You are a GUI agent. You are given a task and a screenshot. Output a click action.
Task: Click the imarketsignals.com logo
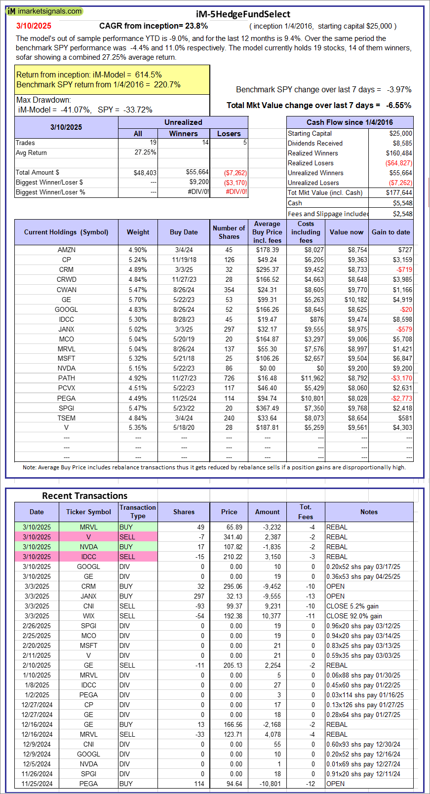point(44,11)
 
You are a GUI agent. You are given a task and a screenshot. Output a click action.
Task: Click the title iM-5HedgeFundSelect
point(243,14)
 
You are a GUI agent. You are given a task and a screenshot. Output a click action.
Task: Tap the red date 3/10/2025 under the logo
point(34,26)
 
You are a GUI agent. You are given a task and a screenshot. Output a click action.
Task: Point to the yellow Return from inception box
point(112,79)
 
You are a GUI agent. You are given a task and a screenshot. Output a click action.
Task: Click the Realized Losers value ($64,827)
point(399,163)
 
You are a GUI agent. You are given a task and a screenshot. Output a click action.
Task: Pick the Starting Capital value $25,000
point(400,133)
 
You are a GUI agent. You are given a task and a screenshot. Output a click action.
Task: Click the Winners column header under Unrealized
point(183,133)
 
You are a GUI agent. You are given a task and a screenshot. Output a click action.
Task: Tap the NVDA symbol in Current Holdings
point(66,368)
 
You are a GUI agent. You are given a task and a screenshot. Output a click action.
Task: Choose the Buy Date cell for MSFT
point(184,358)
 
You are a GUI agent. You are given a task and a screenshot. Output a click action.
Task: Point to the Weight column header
point(138,232)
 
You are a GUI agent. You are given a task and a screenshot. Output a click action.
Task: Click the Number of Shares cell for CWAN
point(229,290)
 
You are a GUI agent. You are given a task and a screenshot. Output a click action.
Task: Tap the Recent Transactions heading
point(84,495)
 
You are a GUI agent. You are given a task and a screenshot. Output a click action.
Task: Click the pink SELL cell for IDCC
point(138,557)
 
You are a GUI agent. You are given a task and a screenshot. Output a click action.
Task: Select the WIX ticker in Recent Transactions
point(88,616)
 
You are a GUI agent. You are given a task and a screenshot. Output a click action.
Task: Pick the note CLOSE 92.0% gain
point(354,616)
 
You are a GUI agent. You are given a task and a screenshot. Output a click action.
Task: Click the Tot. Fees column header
point(306,512)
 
